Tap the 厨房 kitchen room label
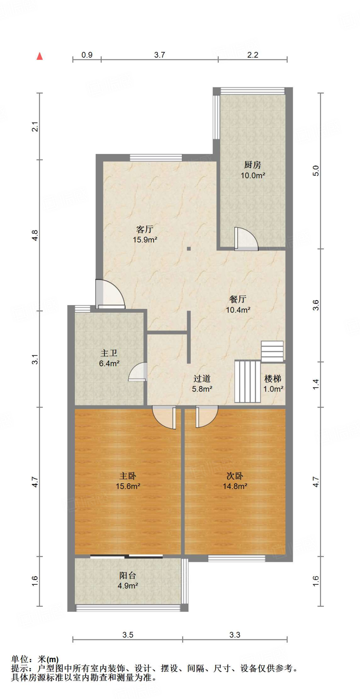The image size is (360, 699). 253,165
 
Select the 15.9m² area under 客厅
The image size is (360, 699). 145,240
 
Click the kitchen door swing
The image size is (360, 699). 246,239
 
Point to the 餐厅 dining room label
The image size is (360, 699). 238,299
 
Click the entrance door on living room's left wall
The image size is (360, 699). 109,294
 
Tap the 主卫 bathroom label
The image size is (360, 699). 109,353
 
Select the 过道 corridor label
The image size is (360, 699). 202,379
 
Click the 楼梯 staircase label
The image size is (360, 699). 273,379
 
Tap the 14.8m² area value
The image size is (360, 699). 235,486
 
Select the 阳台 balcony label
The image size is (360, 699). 128,576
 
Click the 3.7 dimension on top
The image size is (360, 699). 159,55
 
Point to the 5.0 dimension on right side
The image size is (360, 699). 316,171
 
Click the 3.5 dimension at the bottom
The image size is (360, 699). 128,635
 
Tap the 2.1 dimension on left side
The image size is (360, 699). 35,127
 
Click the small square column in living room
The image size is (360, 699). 189,249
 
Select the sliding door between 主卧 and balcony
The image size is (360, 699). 127,557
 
